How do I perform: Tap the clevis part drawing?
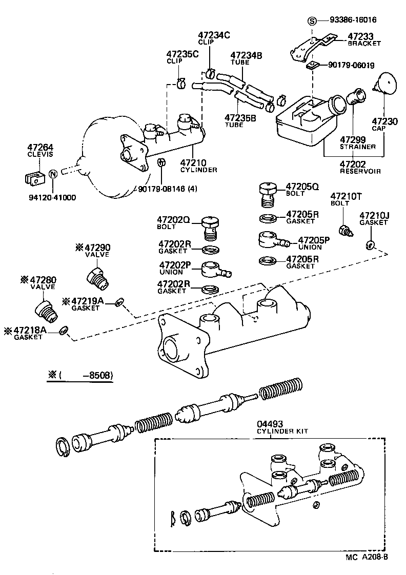[x=33, y=177]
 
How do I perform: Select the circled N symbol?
[x=52, y=174]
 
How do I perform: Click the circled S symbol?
[x=312, y=21]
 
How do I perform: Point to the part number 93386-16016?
[x=353, y=20]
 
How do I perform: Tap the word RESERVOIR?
[x=360, y=171]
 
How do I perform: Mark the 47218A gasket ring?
[x=63, y=331]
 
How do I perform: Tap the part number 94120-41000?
[x=50, y=197]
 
